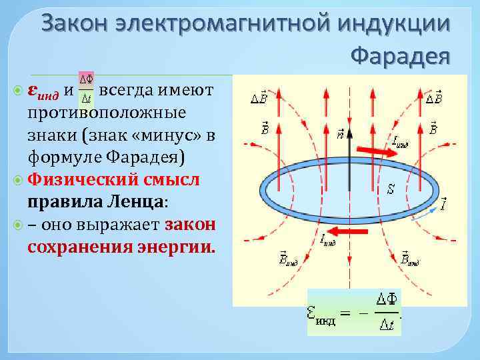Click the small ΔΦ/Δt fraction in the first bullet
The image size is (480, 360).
point(86,88)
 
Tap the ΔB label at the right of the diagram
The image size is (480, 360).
point(433,99)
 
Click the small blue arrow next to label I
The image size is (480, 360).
point(425,213)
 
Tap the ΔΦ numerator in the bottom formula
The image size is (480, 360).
point(387,297)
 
